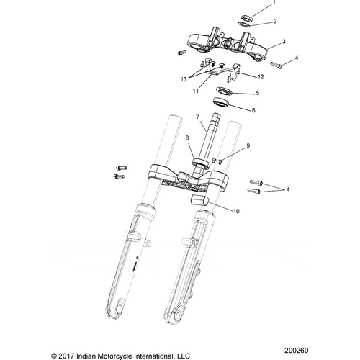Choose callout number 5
coord(258,93)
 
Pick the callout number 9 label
coord(187,138)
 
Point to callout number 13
coord(260,75)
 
